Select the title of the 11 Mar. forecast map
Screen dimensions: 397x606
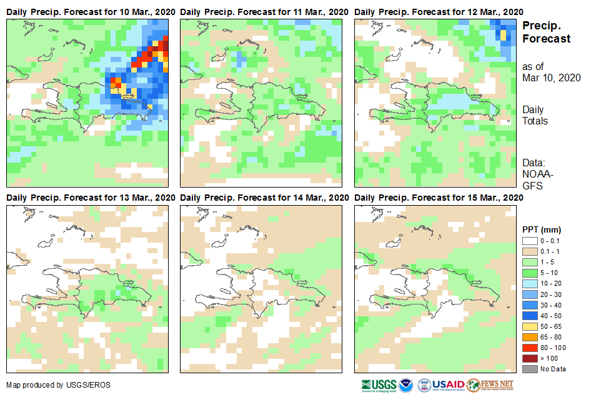pos(264,12)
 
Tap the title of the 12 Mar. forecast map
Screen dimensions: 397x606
pos(439,12)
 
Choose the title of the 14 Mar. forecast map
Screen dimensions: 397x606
pos(264,198)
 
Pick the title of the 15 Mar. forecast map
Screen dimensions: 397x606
pos(439,198)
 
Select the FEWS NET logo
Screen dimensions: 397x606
pos(490,384)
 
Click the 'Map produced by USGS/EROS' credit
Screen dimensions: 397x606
pos(58,384)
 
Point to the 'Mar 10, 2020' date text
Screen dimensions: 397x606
pos(552,78)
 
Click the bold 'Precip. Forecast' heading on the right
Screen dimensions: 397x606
pos(546,32)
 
